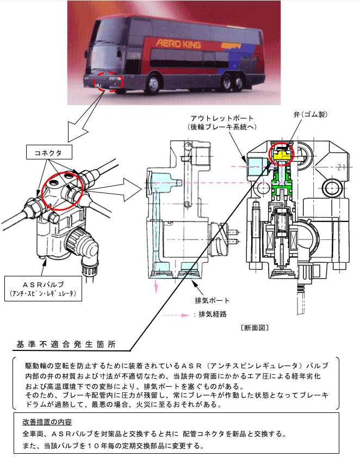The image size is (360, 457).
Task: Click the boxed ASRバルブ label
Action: coord(42,288)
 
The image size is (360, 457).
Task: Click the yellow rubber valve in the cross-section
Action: coord(281,157)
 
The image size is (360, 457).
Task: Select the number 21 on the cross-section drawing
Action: coord(342,167)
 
